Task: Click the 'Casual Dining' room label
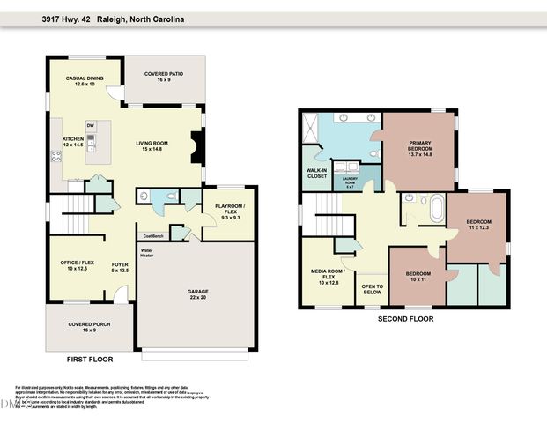click(x=85, y=81)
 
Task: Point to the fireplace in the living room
click(x=197, y=143)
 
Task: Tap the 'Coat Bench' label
click(x=152, y=235)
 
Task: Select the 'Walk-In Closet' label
click(x=316, y=173)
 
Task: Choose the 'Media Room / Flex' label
click(x=326, y=276)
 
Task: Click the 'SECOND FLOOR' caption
click(x=405, y=319)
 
